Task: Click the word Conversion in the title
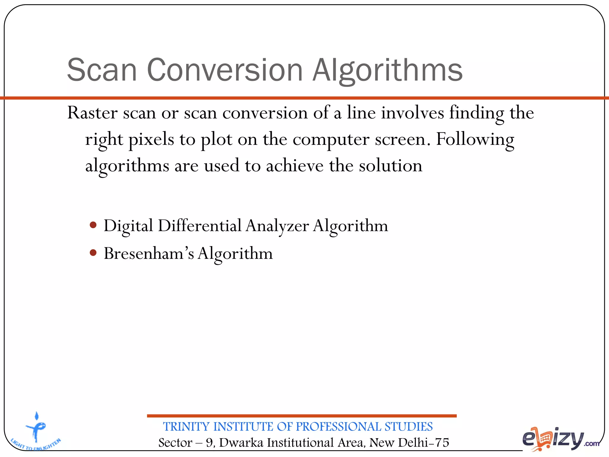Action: [225, 70]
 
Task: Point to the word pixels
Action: [151, 140]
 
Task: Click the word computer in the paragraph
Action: [331, 140]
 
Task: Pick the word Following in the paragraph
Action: [475, 140]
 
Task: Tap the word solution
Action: [390, 166]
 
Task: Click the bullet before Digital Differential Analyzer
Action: [93, 225]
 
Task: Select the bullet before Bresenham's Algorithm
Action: [93, 253]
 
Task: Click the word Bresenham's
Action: [149, 253]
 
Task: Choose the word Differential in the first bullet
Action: [200, 226]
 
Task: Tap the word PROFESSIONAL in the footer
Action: [338, 427]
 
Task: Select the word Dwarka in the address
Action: [241, 443]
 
